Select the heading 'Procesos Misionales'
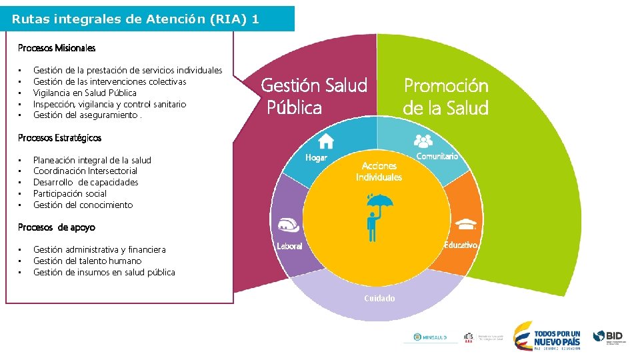[57, 48]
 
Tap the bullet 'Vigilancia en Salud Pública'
[85, 93]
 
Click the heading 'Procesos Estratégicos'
[59, 138]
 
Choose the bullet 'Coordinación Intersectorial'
[85, 171]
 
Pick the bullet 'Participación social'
[70, 194]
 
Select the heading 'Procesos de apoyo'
[57, 227]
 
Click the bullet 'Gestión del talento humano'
[87, 261]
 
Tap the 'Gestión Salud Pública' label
[313, 96]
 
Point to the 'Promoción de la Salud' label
[446, 97]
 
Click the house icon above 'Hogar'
[326, 140]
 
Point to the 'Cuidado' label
[379, 298]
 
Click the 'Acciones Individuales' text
[379, 171]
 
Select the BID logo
[609, 337]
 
